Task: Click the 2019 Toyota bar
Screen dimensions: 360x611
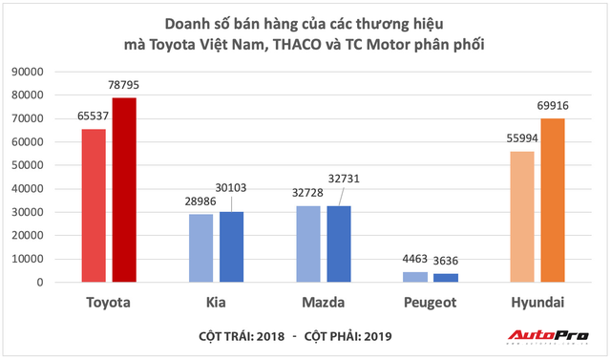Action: [x=124, y=190]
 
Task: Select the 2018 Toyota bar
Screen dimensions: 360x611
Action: [x=94, y=205]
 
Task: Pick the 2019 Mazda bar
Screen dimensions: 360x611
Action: [x=340, y=244]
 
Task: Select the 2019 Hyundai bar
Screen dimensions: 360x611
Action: [x=553, y=201]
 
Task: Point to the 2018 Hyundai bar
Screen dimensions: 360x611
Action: [x=522, y=217]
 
